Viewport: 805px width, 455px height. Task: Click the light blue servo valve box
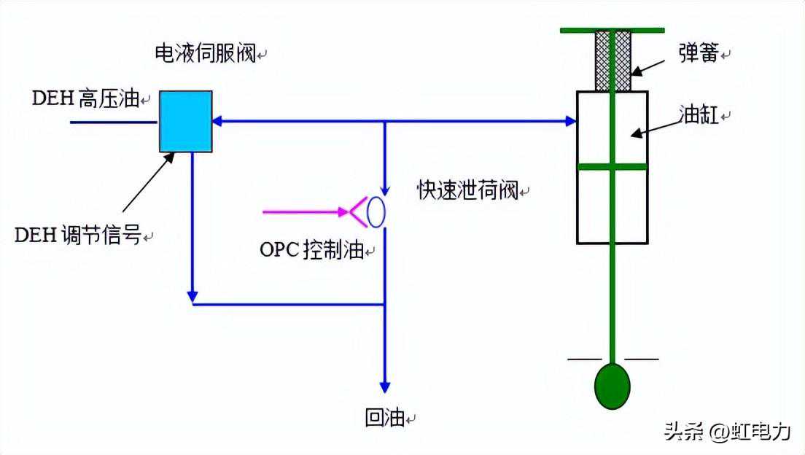(186, 121)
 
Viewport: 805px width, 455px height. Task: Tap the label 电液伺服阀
(205, 53)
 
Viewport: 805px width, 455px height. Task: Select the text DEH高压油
(85, 99)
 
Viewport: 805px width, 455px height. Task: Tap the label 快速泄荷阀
(467, 190)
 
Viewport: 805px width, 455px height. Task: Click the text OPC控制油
(311, 250)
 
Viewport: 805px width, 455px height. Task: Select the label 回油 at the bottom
(384, 419)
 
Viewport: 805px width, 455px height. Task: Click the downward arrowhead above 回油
(385, 386)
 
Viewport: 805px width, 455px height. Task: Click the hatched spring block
(612, 61)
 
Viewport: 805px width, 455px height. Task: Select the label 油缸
(699, 115)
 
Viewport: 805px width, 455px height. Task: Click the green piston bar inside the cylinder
(612, 166)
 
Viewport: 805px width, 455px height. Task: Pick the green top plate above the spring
(612, 30)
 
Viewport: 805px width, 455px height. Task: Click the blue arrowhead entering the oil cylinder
(570, 121)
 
